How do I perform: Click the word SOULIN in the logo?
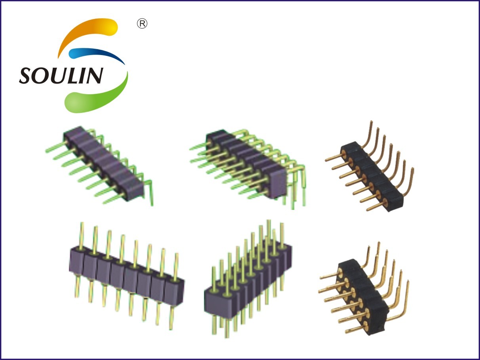pos(61,76)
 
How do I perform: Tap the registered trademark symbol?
pos(142,24)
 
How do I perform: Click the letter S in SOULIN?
pos(27,76)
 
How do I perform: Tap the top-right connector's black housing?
pos(372,176)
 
